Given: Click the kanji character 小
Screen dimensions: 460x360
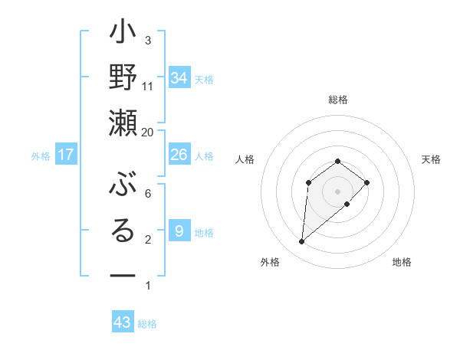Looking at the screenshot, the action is [x=123, y=37].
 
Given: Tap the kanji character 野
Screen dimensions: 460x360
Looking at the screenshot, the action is [x=123, y=80].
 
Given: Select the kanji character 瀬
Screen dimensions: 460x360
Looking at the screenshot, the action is [x=123, y=123].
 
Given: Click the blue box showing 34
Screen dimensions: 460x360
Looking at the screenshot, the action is [x=179, y=78].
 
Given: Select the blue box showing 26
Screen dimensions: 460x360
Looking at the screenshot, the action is [x=179, y=155].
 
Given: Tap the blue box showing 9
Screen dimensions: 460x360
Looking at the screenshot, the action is [x=179, y=231].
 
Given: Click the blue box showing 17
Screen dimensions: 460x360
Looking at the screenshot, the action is [x=66, y=155].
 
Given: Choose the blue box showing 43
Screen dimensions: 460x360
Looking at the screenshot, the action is [x=123, y=322].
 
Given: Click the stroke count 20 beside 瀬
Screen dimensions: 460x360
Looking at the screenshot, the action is [x=148, y=133].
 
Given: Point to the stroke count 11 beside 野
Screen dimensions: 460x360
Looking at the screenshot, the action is [x=148, y=86].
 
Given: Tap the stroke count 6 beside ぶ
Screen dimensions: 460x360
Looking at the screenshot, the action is [x=148, y=194].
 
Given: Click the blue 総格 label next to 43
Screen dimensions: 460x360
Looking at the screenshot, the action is [x=147, y=324].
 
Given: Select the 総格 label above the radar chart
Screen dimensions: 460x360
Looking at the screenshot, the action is [x=337, y=100].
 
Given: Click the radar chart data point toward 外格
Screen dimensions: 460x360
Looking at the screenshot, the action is [x=302, y=242].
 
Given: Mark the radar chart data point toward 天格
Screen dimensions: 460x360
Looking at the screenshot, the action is [x=367, y=182].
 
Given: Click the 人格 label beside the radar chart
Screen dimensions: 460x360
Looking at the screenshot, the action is [x=245, y=159].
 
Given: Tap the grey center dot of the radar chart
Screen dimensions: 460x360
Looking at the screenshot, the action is [x=337, y=191].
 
